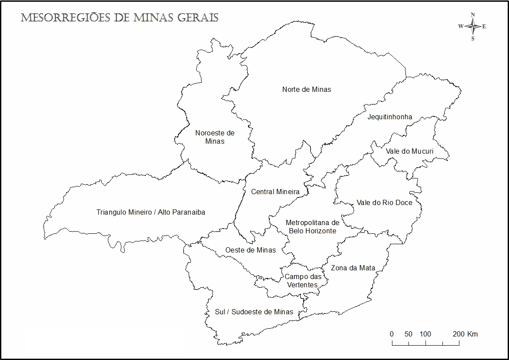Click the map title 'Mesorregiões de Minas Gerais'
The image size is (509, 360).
pos(120,18)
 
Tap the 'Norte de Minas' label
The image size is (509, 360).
pos(306,89)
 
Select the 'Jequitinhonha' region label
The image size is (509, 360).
pos(389,117)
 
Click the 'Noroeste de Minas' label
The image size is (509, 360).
pos(214,137)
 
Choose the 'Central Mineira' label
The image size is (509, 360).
pos(275,192)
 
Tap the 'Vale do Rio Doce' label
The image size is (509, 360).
pos(384,202)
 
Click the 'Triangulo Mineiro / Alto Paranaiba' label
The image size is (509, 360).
pos(151,212)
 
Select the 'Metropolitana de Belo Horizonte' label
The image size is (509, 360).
pos(312,227)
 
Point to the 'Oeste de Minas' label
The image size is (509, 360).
pos(250,250)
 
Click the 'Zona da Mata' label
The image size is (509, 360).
pos(353,268)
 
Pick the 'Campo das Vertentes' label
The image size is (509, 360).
pos(303,281)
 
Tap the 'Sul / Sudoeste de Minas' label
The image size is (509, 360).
pos(254,312)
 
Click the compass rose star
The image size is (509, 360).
pos(472,27)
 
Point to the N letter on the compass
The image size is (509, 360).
pos(473,15)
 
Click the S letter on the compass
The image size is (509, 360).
pos(473,38)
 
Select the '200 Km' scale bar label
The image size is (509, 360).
pos(465,334)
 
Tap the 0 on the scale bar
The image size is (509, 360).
pos(392,334)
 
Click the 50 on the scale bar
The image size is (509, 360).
pos(408,334)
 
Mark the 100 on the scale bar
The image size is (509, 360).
pos(425,334)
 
